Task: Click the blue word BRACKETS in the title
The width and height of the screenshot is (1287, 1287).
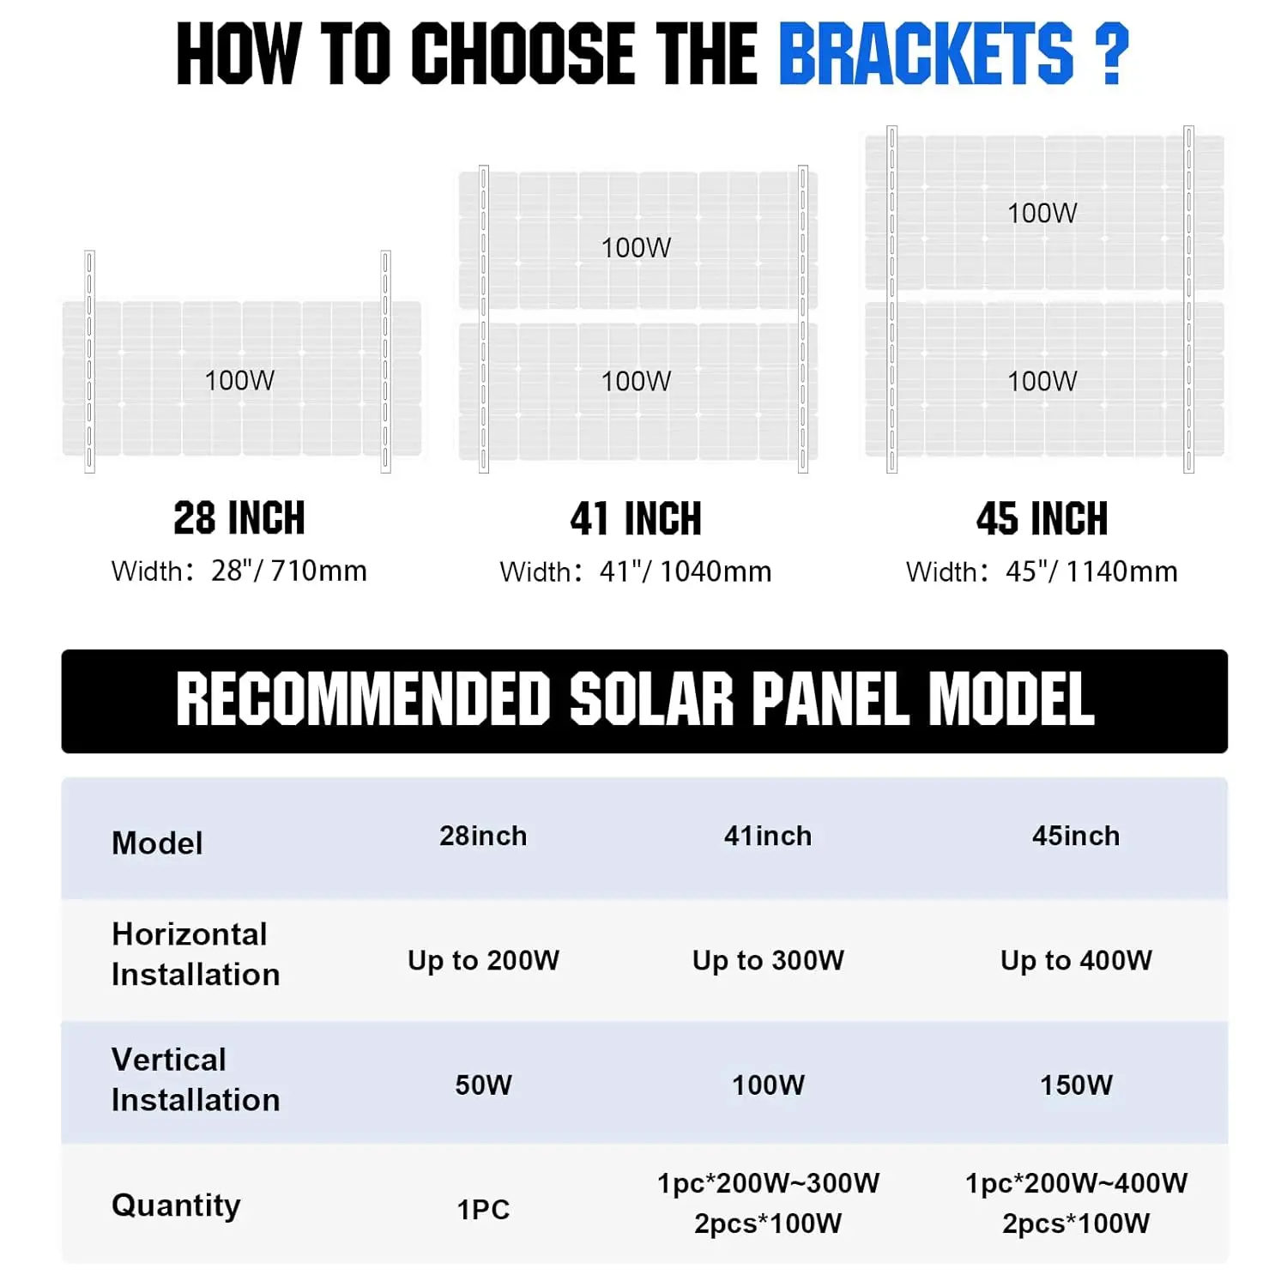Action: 926,54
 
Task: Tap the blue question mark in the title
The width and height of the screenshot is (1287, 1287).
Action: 1112,54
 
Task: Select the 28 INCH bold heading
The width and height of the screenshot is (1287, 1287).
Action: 239,518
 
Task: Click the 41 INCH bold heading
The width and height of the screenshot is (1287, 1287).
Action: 636,519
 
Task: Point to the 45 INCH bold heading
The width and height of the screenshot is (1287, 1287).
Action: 1042,519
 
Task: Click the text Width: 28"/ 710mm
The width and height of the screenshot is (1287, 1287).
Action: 239,571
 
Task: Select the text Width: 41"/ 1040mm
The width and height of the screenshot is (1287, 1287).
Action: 636,571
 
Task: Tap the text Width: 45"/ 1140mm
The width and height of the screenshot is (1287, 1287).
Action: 1042,571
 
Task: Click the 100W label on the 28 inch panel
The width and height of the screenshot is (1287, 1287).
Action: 239,380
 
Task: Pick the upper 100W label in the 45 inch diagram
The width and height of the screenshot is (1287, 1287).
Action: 1042,213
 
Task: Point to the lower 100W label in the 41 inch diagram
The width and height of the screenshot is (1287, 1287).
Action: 636,381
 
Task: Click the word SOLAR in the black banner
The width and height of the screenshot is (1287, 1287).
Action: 652,699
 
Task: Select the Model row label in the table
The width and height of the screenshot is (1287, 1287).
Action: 157,843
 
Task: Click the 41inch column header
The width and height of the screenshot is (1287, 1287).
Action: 768,836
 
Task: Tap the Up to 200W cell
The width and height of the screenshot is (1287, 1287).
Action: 483,960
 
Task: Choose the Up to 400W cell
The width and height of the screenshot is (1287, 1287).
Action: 1076,960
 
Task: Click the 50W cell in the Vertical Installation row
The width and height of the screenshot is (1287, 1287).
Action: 483,1085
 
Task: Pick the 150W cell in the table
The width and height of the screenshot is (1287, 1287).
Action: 1076,1085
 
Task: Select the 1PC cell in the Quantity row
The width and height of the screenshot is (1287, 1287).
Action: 483,1209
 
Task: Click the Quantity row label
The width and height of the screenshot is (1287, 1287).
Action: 176,1205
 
